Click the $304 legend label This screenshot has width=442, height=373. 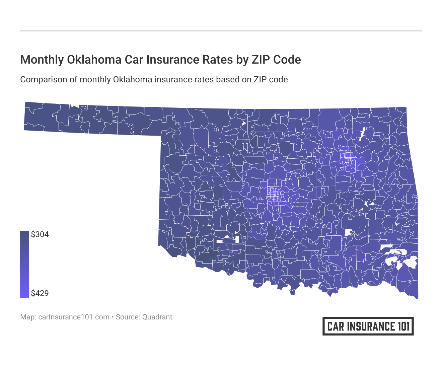click(40, 234)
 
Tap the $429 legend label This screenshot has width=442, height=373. click(40, 293)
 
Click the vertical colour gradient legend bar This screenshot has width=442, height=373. click(24, 264)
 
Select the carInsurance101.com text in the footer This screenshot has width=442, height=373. click(74, 317)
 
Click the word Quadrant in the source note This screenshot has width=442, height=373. click(157, 317)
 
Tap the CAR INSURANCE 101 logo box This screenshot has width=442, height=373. click(368, 326)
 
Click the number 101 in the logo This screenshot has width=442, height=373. click(403, 326)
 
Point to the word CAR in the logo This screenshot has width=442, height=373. click(336, 326)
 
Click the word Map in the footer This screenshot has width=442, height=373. click(27, 317)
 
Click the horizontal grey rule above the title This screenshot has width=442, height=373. click(221, 31)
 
